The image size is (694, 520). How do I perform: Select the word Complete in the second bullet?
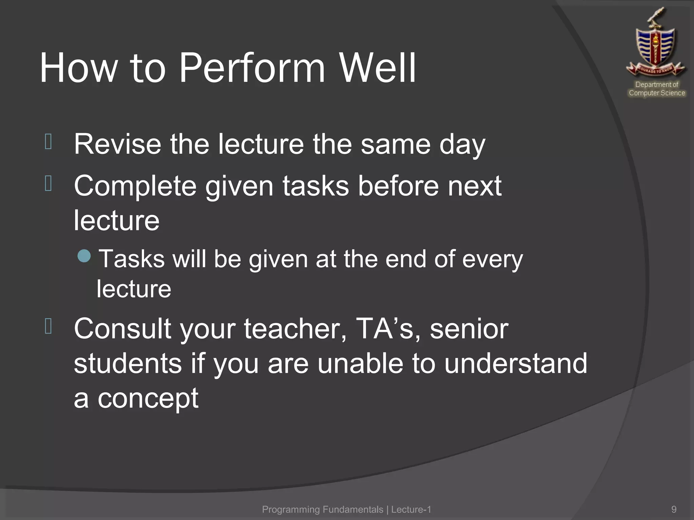(x=135, y=186)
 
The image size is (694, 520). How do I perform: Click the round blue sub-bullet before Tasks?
(x=84, y=256)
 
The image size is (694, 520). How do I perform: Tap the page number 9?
(x=674, y=509)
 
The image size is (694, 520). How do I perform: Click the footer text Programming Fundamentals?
(x=322, y=509)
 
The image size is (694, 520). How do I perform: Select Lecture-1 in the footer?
(x=411, y=509)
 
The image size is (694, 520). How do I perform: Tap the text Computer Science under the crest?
(x=657, y=93)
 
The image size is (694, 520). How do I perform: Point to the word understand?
(x=515, y=363)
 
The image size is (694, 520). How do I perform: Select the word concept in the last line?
(x=148, y=399)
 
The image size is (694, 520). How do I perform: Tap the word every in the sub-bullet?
(x=492, y=259)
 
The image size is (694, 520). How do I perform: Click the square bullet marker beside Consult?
(x=48, y=326)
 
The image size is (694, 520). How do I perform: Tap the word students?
(x=127, y=363)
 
